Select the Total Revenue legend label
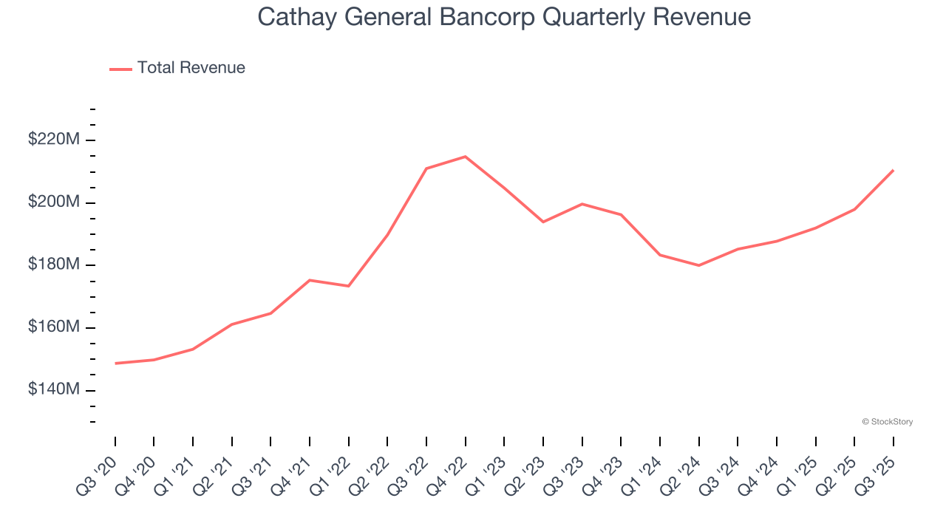point(191,68)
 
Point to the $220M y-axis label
point(53,139)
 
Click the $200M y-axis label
point(53,202)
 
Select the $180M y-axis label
point(53,265)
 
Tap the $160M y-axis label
point(53,327)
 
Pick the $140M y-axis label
point(53,389)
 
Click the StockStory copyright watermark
point(887,422)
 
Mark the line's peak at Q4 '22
point(466,157)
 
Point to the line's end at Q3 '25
point(894,171)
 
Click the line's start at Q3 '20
point(115,364)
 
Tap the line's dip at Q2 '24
point(699,265)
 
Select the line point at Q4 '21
point(310,280)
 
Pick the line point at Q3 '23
point(582,204)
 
